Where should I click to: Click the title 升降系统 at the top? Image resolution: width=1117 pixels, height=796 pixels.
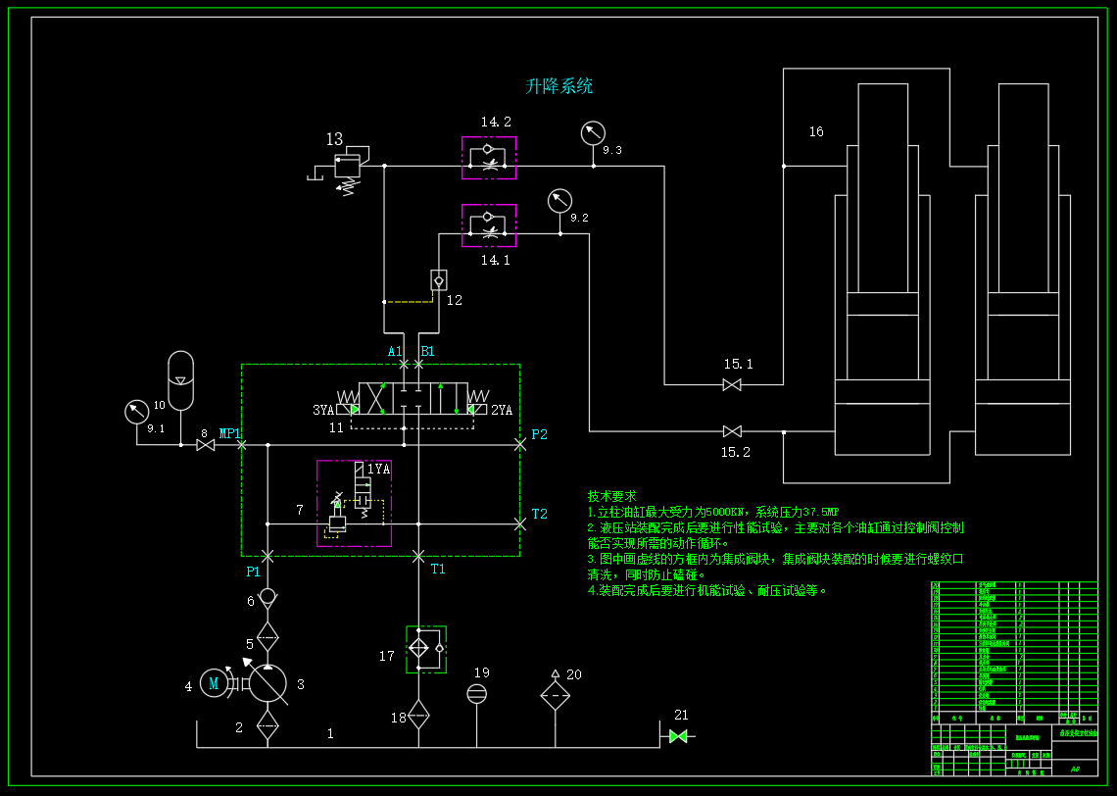(x=559, y=86)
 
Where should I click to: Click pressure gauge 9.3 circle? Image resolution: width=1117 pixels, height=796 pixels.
(x=593, y=132)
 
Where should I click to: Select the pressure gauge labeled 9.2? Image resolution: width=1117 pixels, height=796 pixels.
(x=559, y=201)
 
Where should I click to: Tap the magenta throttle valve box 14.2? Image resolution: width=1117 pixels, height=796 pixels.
(x=489, y=158)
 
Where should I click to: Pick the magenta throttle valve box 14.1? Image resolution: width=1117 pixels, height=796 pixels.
(x=489, y=225)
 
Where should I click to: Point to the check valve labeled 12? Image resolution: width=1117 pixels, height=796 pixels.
(x=438, y=279)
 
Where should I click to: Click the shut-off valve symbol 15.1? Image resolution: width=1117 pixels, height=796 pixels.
(x=732, y=385)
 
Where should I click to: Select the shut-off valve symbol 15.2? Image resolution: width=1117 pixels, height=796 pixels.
(x=732, y=431)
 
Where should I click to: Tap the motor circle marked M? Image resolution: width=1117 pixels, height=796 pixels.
(x=213, y=683)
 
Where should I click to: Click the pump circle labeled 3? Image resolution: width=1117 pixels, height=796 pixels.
(x=267, y=683)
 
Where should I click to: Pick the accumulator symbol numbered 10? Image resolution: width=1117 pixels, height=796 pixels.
(x=181, y=380)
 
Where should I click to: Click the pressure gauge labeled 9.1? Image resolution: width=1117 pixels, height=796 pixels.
(x=136, y=411)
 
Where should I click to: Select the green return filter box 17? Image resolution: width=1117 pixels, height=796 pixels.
(x=426, y=649)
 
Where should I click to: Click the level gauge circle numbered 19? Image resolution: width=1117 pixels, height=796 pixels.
(x=476, y=694)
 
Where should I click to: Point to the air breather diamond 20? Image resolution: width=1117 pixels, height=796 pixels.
(x=556, y=695)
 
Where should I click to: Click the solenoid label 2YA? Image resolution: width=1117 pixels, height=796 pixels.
(x=502, y=410)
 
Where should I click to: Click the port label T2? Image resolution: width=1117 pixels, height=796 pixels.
(x=539, y=514)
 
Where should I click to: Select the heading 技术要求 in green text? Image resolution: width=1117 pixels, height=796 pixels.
(x=611, y=496)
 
